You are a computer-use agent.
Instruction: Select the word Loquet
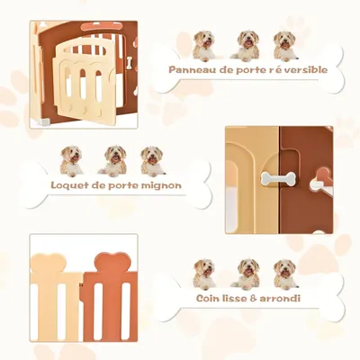click(x=69, y=186)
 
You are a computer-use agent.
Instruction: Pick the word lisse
click(x=238, y=298)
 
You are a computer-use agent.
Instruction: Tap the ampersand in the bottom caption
click(x=256, y=298)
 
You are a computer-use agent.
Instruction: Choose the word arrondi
click(x=282, y=298)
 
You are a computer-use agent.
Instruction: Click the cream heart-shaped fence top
click(x=48, y=266)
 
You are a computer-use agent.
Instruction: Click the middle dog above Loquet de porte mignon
click(x=112, y=161)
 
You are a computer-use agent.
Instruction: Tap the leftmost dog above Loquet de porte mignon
click(x=72, y=161)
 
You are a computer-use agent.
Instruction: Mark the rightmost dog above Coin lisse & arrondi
click(x=284, y=273)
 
